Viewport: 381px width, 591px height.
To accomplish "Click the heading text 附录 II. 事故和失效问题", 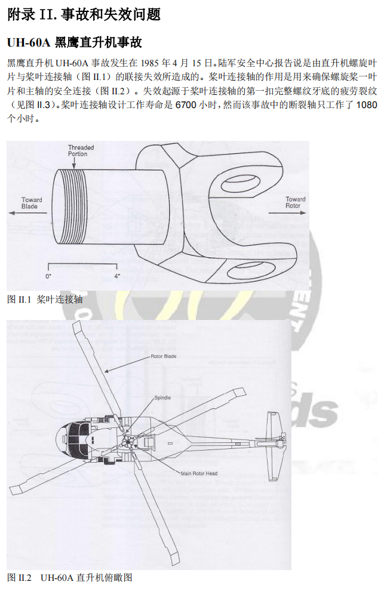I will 84,15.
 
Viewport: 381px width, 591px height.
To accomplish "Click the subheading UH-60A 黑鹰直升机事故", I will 75,43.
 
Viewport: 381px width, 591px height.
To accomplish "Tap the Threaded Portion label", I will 81,150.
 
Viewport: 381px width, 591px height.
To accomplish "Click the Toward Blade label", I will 31,203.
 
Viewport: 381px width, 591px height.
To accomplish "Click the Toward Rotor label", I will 294,202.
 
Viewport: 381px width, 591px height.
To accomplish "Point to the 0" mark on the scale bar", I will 48,276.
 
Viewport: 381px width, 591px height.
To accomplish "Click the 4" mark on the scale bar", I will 118,276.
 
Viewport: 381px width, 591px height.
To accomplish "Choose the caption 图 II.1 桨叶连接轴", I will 45,300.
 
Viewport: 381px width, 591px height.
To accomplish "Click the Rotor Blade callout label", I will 163,356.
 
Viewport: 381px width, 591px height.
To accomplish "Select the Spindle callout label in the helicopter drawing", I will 162,397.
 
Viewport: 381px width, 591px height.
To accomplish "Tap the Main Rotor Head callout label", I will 199,473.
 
